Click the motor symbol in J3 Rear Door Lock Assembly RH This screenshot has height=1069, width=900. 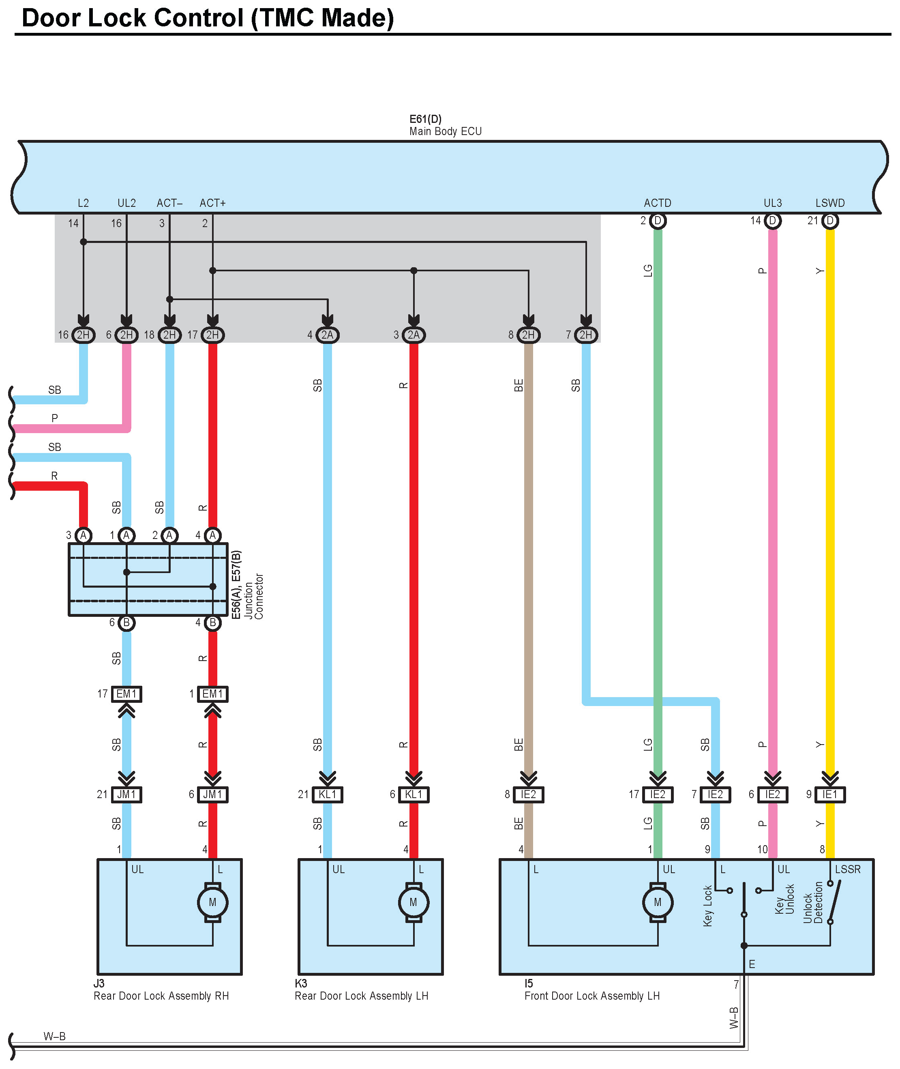[x=212, y=902]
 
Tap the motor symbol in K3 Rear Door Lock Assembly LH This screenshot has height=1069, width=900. [x=413, y=902]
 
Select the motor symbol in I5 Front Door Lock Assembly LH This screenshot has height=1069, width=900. [x=658, y=902]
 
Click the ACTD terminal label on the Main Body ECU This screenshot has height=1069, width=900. [x=657, y=203]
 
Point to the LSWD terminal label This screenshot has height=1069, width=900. [x=829, y=203]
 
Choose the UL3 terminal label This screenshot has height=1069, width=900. [x=772, y=203]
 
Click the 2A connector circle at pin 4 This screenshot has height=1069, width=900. [x=327, y=335]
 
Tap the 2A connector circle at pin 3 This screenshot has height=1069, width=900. [x=413, y=335]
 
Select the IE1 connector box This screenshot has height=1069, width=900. [x=829, y=794]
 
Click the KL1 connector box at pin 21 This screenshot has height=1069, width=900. [x=327, y=794]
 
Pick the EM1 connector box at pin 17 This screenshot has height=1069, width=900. [x=126, y=694]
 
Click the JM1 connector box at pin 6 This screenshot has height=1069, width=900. [x=212, y=794]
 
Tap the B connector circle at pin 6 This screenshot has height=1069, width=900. [x=126, y=623]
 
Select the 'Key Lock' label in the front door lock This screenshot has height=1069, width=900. [x=707, y=906]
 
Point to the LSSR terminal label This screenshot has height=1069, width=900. [x=847, y=869]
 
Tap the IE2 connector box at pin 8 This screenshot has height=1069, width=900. [x=528, y=794]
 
